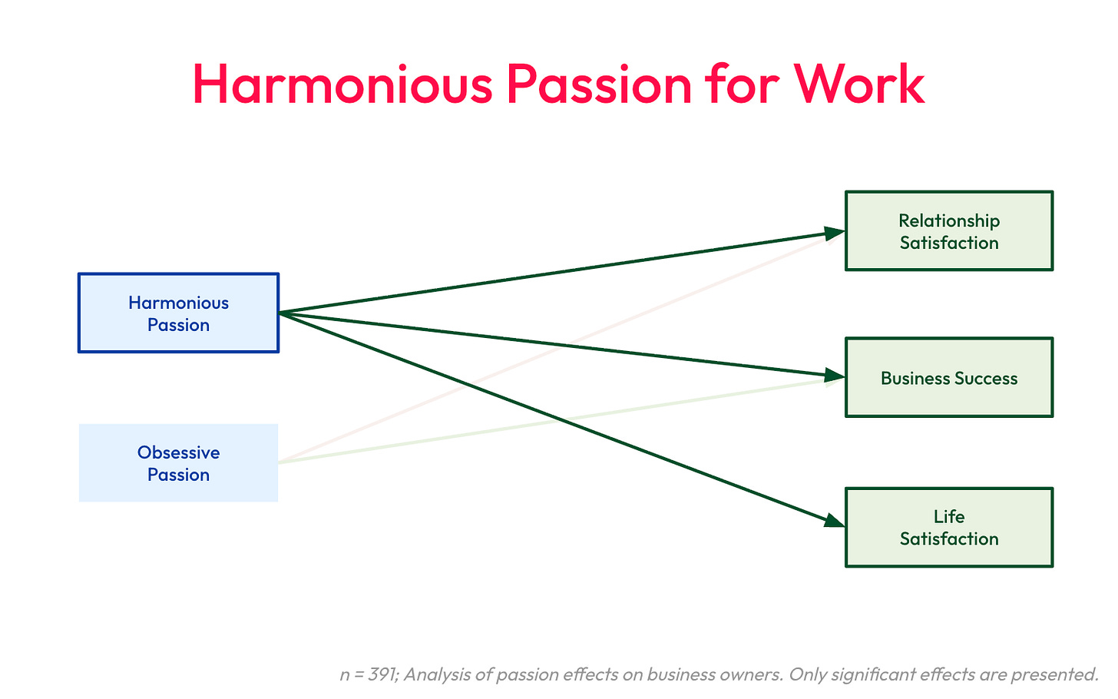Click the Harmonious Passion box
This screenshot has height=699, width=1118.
coord(178,313)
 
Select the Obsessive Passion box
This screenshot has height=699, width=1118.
coord(178,463)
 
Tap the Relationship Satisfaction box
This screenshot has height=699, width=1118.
coord(949,231)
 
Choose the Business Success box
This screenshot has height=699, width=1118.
coord(949,377)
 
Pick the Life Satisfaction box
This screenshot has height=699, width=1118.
coord(949,528)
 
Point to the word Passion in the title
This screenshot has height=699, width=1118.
coord(599,84)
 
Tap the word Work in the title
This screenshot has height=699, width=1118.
coord(859,84)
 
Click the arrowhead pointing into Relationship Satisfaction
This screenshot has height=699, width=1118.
coord(835,232)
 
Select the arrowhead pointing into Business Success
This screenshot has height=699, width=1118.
coord(835,376)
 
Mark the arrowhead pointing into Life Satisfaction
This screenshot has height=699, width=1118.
coord(834,522)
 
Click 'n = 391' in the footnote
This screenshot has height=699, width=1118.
coord(366,675)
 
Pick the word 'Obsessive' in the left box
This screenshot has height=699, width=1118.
coord(178,452)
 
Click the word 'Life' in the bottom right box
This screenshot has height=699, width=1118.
coord(949,517)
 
